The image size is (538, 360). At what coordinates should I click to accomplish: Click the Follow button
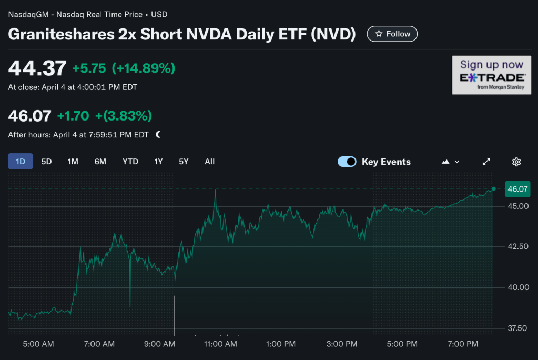(x=392, y=34)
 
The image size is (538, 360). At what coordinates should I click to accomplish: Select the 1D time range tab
(x=21, y=162)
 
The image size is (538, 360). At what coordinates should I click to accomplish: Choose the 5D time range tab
(x=47, y=162)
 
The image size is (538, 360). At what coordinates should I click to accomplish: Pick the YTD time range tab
(x=130, y=162)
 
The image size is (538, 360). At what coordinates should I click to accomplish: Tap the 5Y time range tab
(x=184, y=162)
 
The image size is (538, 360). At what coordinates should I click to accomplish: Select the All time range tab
(x=210, y=162)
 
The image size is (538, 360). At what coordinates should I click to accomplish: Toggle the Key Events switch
(x=347, y=162)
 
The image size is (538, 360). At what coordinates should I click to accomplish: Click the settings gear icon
(x=516, y=162)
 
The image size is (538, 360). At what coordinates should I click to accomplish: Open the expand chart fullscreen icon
(x=486, y=162)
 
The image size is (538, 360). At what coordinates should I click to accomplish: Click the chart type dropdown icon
(x=451, y=162)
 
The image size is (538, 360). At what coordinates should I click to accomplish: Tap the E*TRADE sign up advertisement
(x=492, y=75)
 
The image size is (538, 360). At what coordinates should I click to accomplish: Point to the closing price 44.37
(x=37, y=68)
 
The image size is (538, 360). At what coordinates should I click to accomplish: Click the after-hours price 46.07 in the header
(x=29, y=116)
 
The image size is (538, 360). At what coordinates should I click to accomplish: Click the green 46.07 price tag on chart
(x=516, y=188)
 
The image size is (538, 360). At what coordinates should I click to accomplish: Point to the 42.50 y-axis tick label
(x=516, y=246)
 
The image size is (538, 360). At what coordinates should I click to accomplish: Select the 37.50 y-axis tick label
(x=516, y=328)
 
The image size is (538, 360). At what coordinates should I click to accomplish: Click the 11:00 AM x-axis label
(x=220, y=344)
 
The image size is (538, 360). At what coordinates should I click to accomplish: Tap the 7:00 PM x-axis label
(x=463, y=344)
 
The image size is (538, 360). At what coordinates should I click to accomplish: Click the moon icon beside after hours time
(x=158, y=135)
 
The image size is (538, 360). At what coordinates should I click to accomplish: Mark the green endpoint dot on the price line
(x=493, y=188)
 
